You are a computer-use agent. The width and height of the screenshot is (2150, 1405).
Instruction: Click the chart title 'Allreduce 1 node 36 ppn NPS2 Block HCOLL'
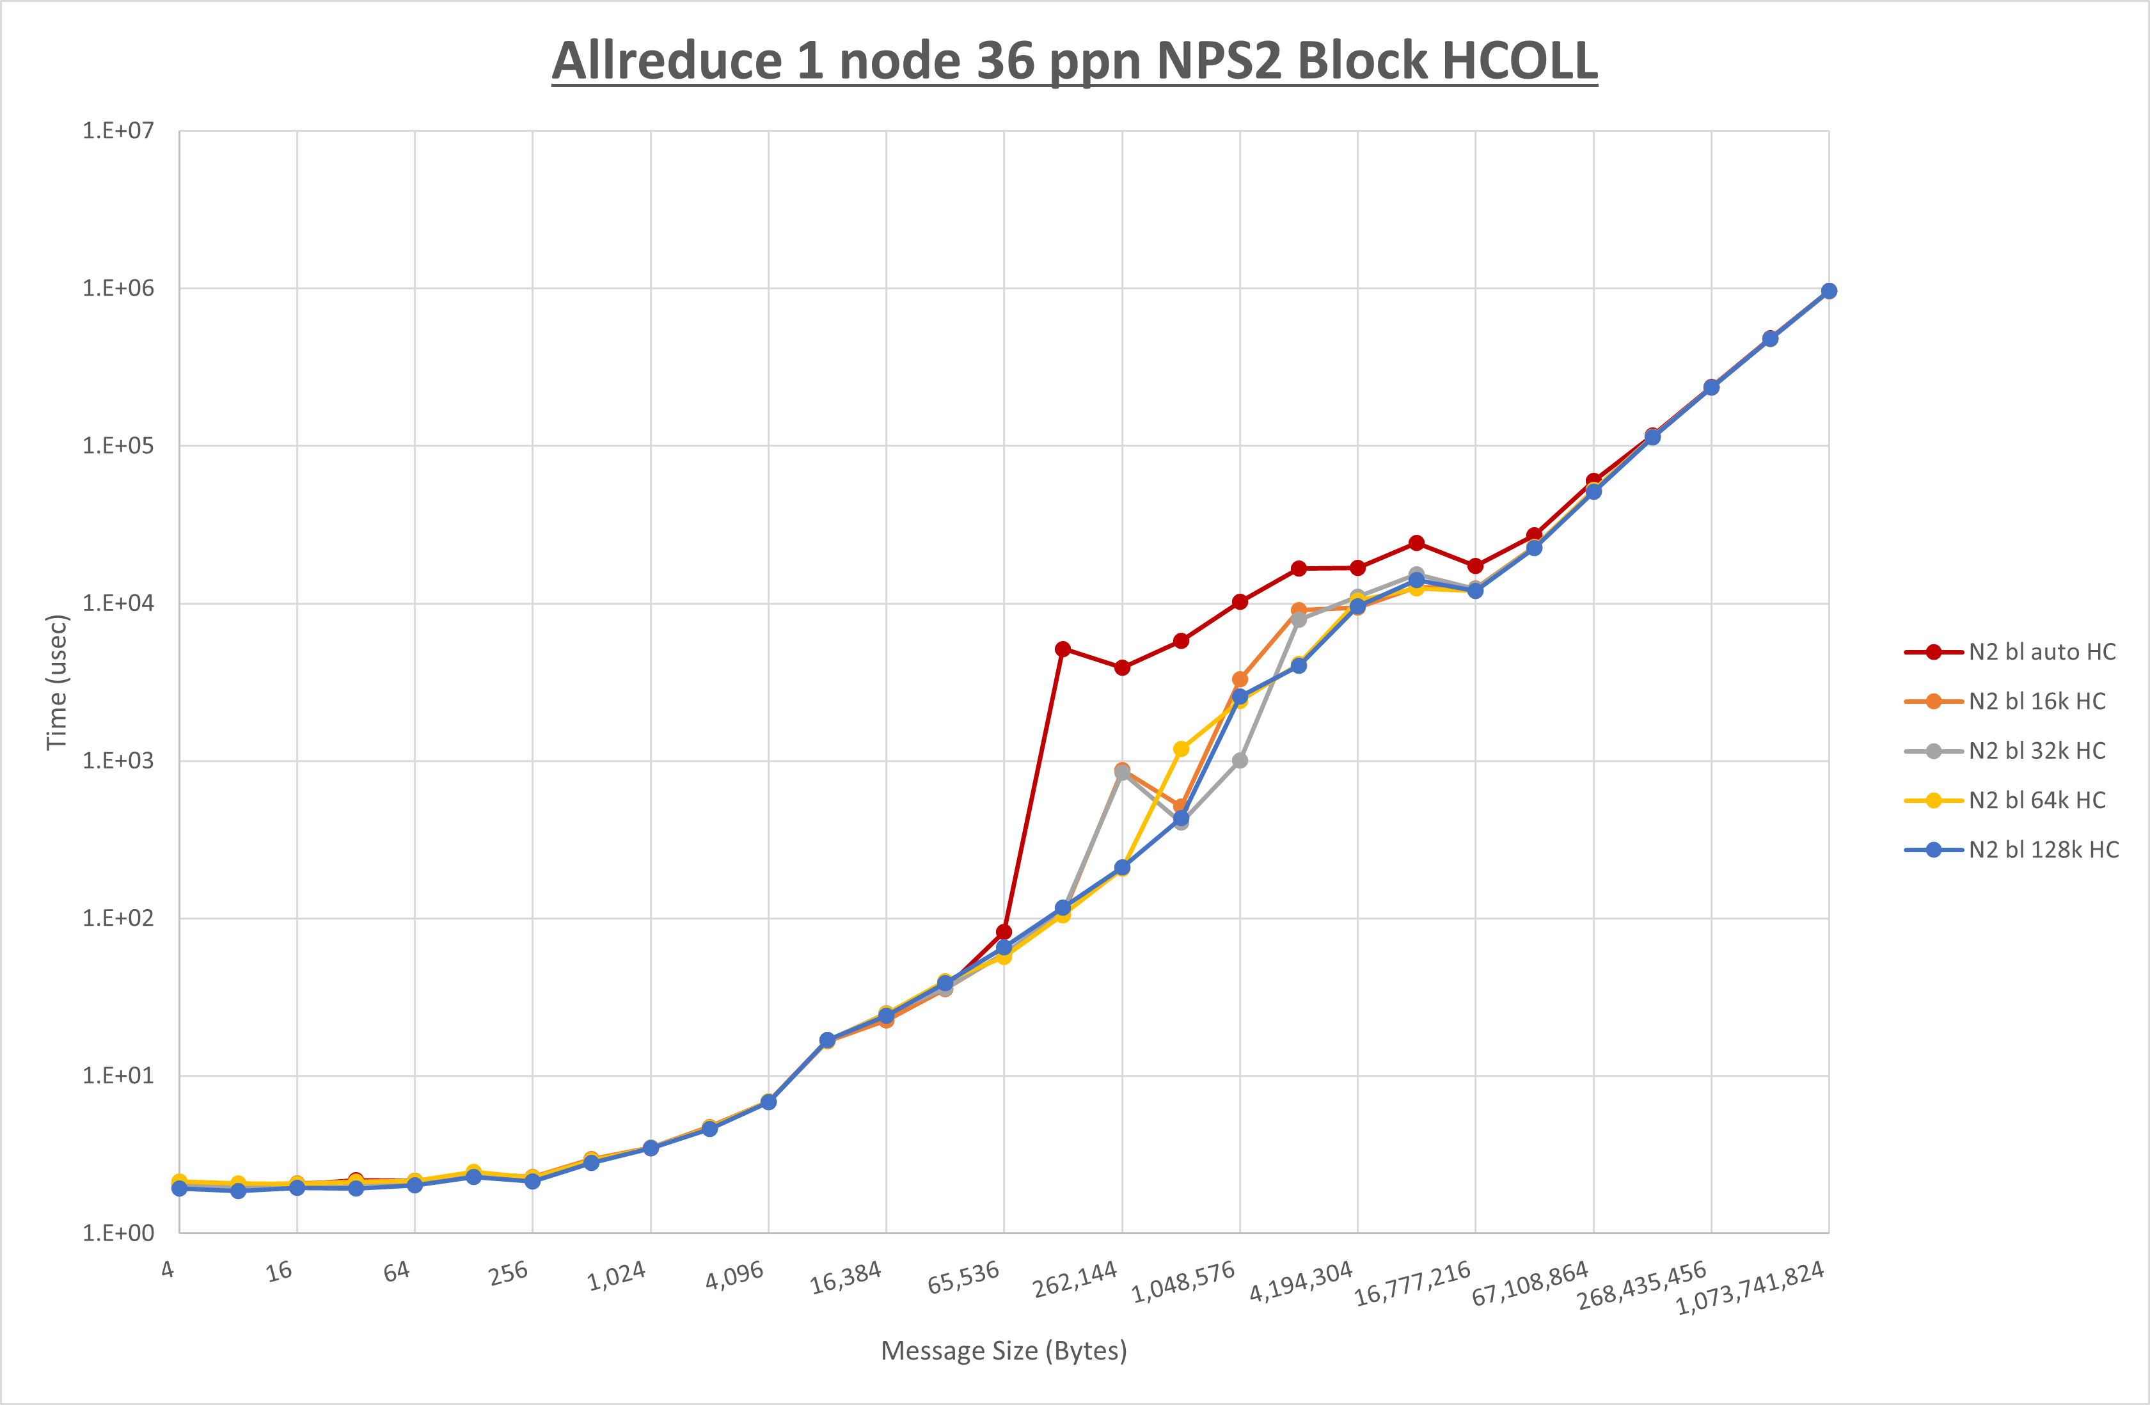tap(1074, 61)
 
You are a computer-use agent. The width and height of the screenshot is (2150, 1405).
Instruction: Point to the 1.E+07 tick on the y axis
tap(118, 131)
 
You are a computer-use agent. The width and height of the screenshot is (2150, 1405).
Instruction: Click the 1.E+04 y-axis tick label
tap(118, 603)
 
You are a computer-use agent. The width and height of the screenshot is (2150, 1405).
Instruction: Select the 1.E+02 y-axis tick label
tap(118, 918)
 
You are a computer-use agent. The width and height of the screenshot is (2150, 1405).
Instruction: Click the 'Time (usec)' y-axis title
tap(56, 682)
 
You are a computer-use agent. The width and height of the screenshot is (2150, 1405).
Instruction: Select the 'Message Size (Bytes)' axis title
tap(1004, 1351)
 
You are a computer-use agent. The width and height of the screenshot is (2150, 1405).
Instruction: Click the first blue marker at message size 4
tap(180, 1189)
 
